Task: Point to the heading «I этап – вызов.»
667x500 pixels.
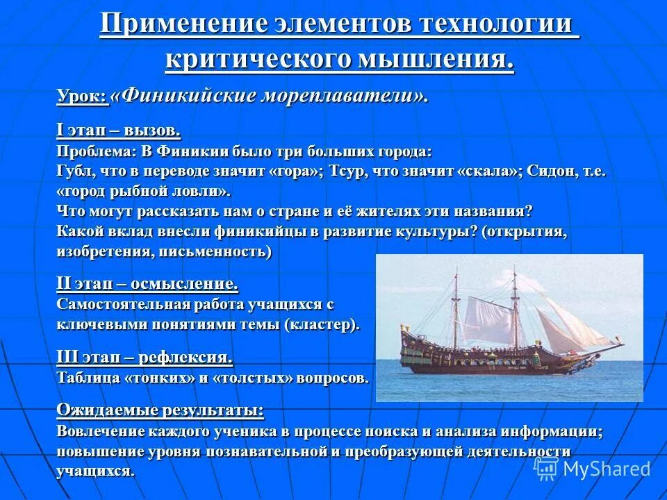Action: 118,131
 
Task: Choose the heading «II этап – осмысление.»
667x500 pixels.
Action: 147,283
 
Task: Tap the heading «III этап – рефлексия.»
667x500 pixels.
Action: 144,357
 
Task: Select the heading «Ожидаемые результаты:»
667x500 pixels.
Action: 160,410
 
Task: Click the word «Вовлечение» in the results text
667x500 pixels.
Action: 100,431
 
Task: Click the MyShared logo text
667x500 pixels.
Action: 606,468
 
